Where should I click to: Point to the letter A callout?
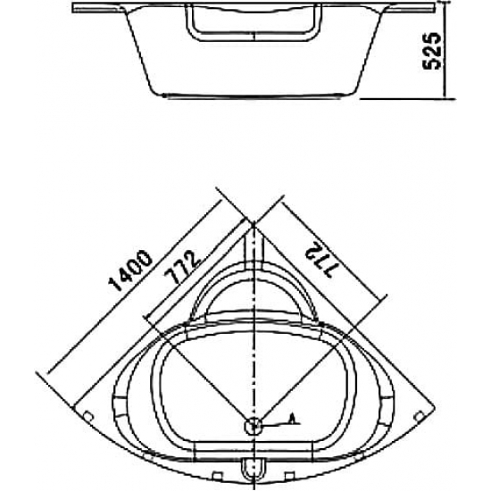tap(292, 418)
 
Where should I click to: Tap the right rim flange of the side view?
tap(411, 11)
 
